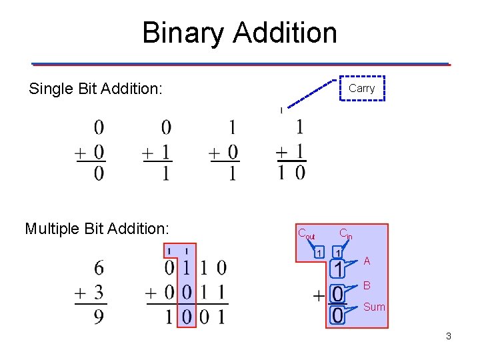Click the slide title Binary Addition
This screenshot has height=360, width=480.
click(x=239, y=33)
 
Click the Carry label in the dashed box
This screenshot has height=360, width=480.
click(x=362, y=88)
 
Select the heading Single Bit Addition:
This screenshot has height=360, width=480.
click(x=95, y=89)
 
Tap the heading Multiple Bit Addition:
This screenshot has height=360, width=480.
click(x=96, y=229)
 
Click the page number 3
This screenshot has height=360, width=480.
click(x=449, y=336)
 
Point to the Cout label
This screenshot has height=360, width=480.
click(x=306, y=234)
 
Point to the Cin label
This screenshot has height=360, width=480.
click(x=345, y=234)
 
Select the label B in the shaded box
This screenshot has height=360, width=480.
click(x=367, y=285)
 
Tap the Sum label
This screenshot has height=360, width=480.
click(x=374, y=307)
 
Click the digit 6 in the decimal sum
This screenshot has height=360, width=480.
click(x=99, y=268)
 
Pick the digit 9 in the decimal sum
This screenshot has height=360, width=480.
click(x=99, y=316)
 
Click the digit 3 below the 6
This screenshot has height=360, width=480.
click(x=99, y=292)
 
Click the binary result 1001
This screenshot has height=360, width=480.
click(x=195, y=316)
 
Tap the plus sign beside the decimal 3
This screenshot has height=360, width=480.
click(x=81, y=293)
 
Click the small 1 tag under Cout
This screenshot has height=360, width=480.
click(x=319, y=253)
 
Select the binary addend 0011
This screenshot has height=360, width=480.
click(x=195, y=292)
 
